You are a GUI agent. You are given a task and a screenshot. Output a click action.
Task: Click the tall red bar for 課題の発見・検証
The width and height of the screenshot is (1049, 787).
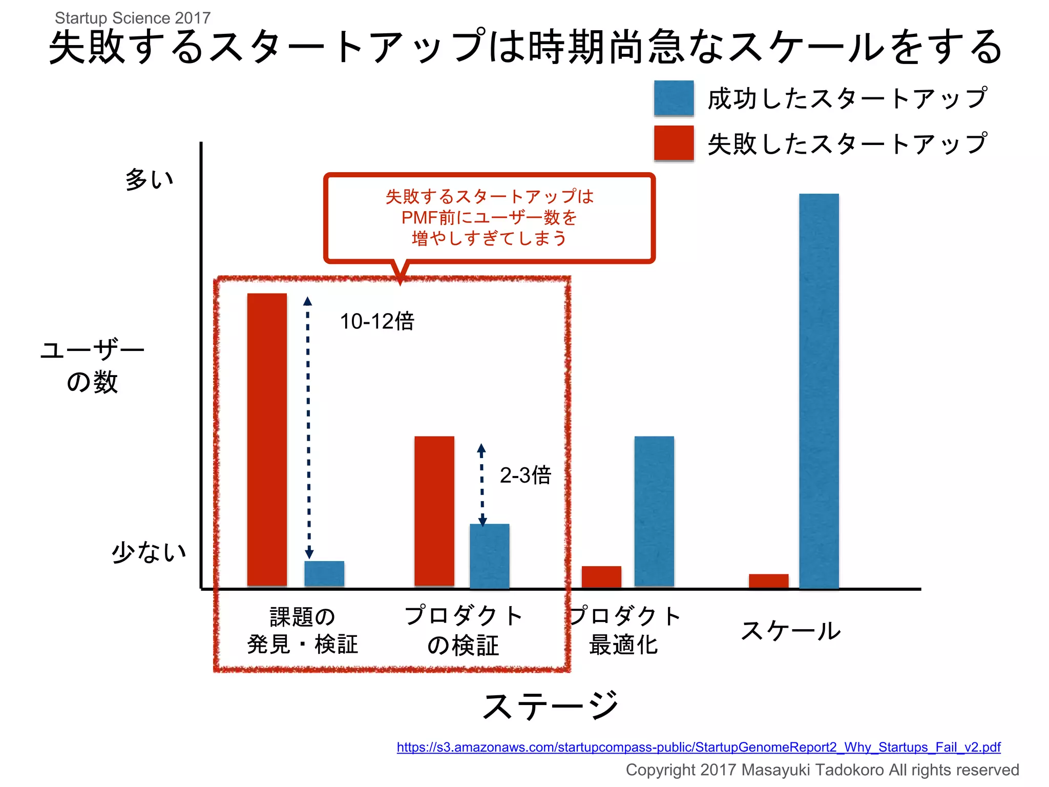(x=267, y=439)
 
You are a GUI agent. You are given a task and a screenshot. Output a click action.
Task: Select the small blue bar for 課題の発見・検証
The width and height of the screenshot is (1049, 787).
(x=324, y=574)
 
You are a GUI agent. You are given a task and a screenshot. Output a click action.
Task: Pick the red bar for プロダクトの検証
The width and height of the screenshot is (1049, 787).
(x=434, y=511)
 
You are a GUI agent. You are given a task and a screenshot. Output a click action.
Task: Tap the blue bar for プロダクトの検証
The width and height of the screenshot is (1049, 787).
(x=490, y=556)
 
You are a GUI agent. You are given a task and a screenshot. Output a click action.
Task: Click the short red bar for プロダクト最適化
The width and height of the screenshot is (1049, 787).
(x=601, y=577)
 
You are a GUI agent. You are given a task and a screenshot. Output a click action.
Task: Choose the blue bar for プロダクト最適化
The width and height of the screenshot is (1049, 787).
(x=654, y=511)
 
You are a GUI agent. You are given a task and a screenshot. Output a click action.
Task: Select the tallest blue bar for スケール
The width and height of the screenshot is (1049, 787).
(x=819, y=390)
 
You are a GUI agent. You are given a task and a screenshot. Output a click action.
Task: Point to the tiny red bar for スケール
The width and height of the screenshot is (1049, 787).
(x=768, y=581)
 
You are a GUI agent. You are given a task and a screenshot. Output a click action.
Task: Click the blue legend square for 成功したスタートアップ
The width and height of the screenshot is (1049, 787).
(x=674, y=98)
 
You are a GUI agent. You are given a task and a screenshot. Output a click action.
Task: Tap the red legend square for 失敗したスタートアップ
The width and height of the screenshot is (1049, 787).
(x=674, y=143)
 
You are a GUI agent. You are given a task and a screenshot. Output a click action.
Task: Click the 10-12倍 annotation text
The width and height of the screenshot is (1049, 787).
(x=377, y=322)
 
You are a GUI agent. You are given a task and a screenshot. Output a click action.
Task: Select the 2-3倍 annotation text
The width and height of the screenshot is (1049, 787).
(x=525, y=475)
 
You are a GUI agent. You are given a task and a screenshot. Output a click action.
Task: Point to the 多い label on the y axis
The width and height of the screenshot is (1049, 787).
(x=149, y=179)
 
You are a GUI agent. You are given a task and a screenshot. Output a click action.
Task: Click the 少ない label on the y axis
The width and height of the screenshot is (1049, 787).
(x=149, y=552)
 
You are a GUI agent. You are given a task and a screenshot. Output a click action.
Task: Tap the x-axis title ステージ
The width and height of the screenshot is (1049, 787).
(x=551, y=707)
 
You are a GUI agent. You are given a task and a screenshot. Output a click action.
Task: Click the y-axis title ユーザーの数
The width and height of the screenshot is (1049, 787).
(x=93, y=366)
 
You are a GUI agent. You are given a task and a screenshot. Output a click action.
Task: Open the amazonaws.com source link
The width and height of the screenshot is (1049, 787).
(x=698, y=747)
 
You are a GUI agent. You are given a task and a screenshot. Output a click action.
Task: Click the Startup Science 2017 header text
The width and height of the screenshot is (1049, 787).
(x=133, y=18)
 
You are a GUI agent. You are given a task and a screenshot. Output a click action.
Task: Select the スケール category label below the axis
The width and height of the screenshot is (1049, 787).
(x=791, y=631)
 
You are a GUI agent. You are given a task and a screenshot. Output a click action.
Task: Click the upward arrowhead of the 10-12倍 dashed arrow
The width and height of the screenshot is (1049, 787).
(x=307, y=301)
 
